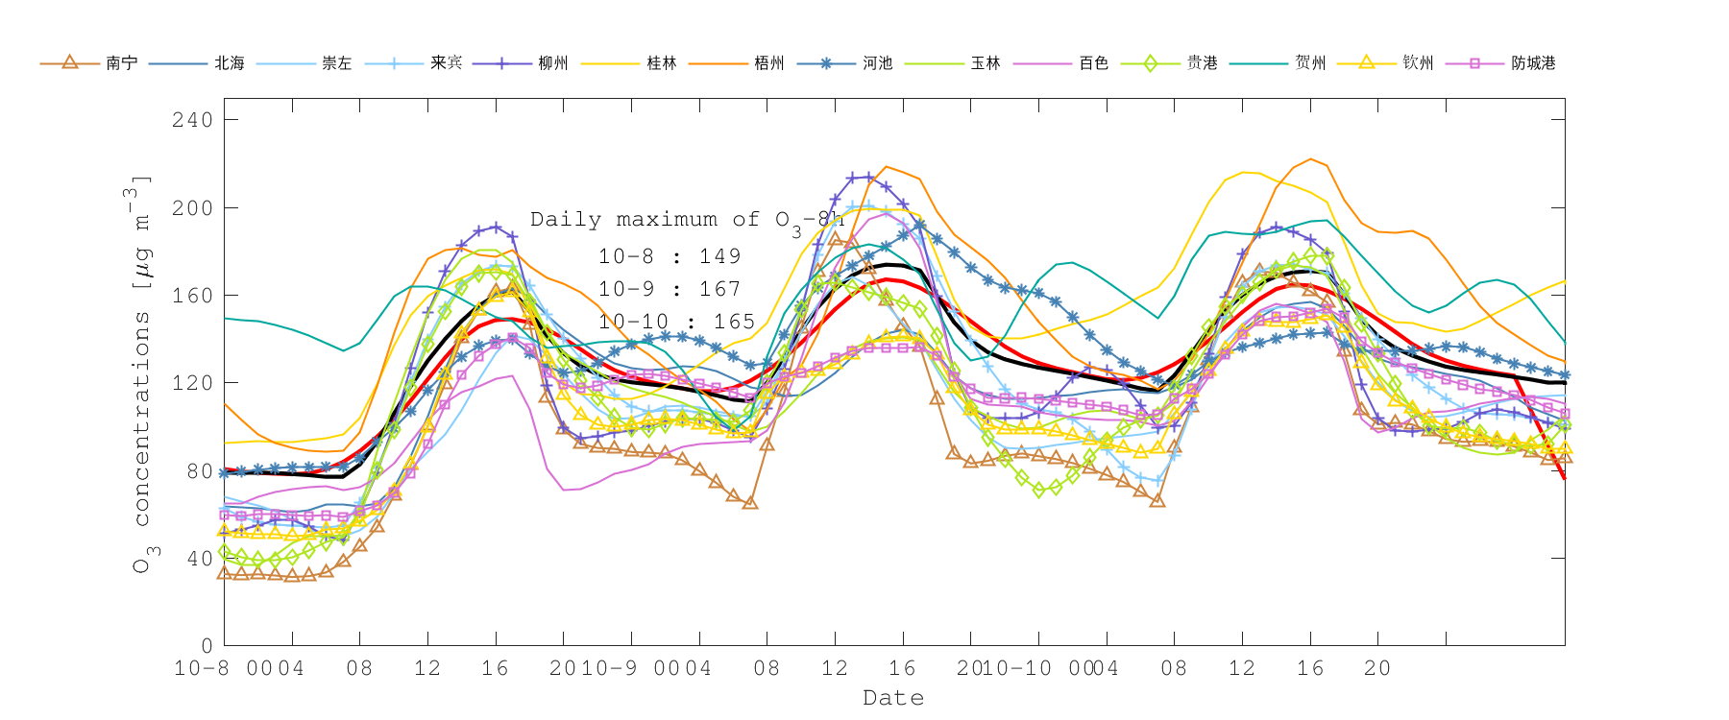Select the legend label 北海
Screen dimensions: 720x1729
(x=230, y=63)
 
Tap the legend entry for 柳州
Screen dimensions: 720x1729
(x=553, y=63)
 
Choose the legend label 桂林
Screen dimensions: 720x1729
(x=662, y=63)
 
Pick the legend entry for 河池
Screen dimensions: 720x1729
(x=878, y=63)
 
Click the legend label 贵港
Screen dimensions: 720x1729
(x=1202, y=63)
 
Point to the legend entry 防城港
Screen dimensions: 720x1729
(x=1533, y=63)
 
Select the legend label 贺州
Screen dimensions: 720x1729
(x=1310, y=63)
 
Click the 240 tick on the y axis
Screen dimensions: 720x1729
(x=192, y=120)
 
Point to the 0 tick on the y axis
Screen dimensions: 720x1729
(x=207, y=646)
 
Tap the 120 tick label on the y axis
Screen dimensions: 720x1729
(x=192, y=383)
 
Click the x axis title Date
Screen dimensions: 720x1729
(x=893, y=698)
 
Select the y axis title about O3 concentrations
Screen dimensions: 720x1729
(x=141, y=374)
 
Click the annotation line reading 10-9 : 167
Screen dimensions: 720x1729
(x=670, y=289)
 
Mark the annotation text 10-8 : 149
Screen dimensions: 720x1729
(x=670, y=256)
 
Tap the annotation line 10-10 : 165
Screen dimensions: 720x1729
(x=676, y=322)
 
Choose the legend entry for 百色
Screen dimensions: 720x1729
(x=1094, y=63)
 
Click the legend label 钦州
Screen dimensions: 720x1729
(x=1418, y=63)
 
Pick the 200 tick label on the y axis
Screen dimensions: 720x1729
(x=192, y=207)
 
